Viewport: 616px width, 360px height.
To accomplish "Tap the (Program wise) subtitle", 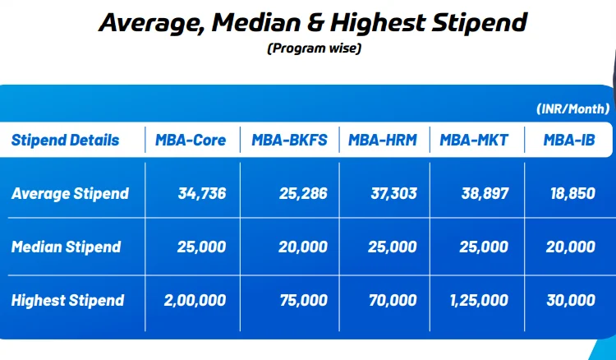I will point(314,48).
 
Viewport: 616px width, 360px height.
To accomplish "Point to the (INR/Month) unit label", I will point(572,108).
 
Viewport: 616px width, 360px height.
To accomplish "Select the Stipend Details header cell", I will point(65,141).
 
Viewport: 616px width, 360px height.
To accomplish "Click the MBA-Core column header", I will point(191,141).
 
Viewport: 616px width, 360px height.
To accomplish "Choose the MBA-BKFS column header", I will point(289,141).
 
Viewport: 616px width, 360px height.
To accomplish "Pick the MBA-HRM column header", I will point(382,141).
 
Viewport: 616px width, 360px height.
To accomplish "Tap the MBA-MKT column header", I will point(474,141).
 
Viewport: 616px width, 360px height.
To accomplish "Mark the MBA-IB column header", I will point(568,141).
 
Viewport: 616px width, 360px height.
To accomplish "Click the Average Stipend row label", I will point(70,194).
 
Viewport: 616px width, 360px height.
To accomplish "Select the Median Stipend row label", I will point(66,247).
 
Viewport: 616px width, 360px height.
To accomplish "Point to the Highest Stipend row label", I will point(68,300).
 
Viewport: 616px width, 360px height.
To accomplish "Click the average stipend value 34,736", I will point(201,194).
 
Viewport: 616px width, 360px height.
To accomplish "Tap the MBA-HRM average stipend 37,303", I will point(393,194).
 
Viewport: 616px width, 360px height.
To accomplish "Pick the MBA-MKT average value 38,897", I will point(485,194).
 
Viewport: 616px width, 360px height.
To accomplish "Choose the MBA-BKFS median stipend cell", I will point(303,247).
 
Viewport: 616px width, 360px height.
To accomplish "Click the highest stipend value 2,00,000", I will point(195,300).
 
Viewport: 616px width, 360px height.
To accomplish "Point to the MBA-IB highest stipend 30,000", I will point(571,300).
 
